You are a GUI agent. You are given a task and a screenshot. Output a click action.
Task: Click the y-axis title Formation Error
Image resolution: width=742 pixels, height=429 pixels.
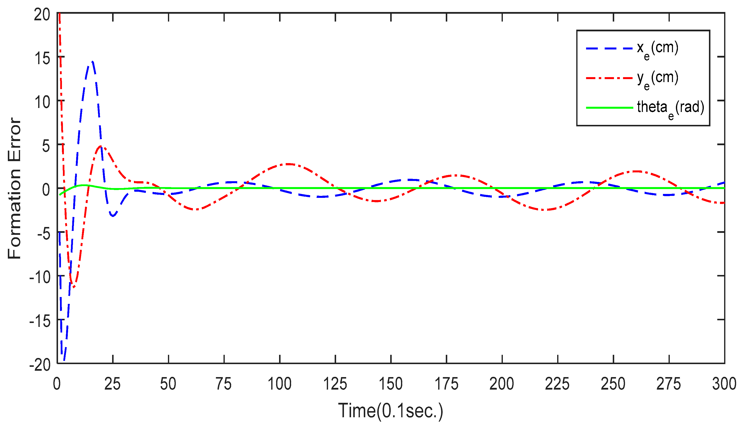point(15,189)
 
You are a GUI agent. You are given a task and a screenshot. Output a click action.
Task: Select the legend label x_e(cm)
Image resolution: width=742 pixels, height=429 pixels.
point(658,48)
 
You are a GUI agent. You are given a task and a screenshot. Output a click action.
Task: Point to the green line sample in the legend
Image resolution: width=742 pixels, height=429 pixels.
point(609,108)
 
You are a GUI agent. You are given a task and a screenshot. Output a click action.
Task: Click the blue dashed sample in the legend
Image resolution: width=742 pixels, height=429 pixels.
point(609,48)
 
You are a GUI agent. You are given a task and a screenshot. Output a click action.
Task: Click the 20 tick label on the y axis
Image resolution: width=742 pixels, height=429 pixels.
point(42,14)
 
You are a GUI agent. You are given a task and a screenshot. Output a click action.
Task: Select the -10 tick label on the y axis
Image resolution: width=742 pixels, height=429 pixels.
point(40,277)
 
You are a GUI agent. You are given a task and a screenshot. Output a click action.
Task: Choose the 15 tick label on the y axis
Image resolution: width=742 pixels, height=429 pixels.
point(42,58)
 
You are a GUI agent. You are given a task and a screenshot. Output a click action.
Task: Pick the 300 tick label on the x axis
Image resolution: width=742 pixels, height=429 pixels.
point(724,384)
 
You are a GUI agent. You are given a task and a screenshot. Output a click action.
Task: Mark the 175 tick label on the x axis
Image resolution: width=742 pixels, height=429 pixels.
point(446,384)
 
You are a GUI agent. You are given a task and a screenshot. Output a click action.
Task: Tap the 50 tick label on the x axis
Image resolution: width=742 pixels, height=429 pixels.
point(168,384)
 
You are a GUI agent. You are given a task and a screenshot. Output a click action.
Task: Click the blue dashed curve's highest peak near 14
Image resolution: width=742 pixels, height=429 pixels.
point(93,62)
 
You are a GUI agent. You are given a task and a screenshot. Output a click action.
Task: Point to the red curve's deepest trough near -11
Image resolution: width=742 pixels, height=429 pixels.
point(73,287)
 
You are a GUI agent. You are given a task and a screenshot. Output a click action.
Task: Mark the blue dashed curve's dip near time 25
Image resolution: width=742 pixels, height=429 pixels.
point(113,216)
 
